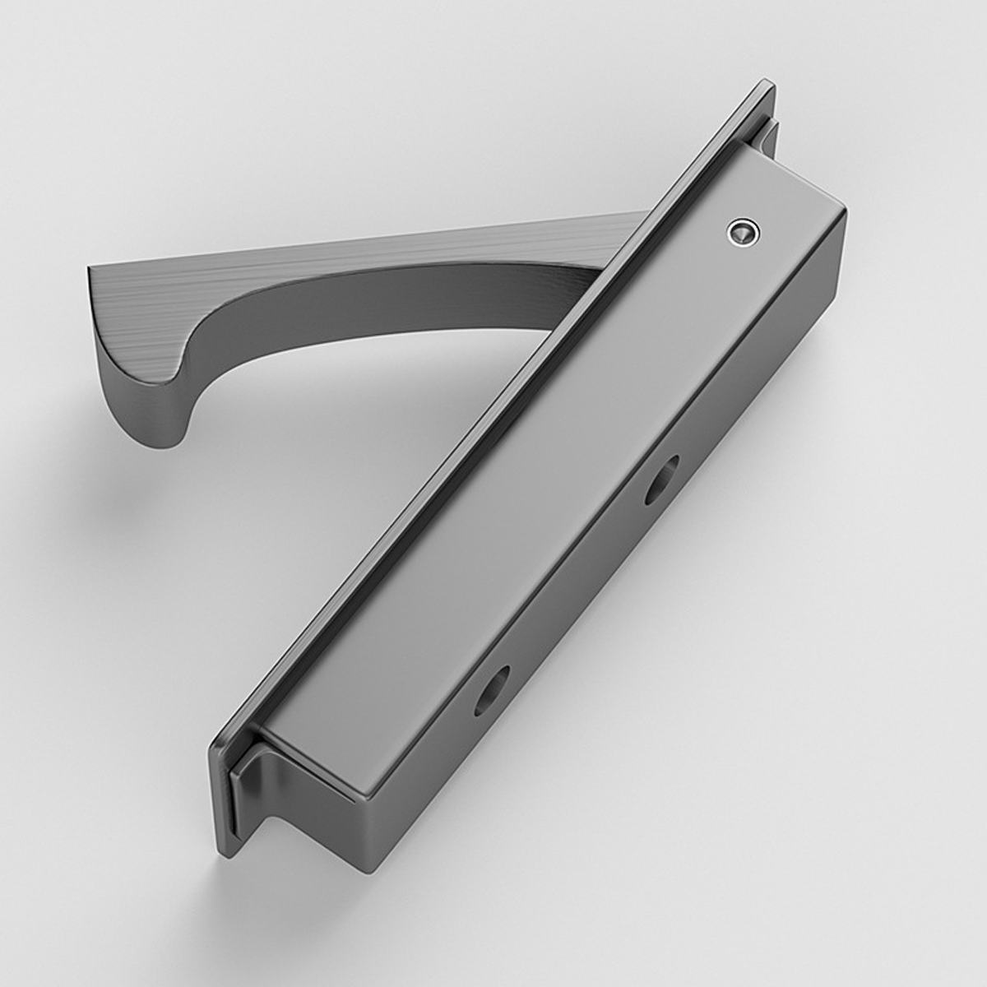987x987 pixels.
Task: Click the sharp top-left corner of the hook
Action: click(89, 267)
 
